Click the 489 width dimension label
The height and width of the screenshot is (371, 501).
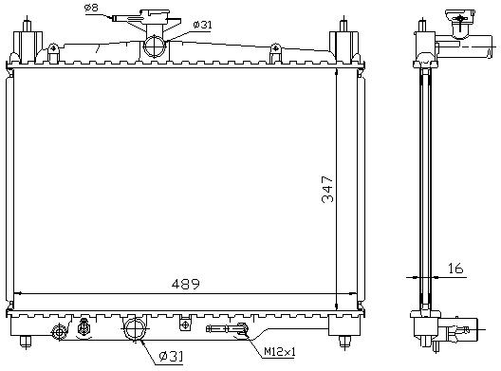pos(185,283)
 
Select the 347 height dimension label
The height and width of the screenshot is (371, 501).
pos(327,189)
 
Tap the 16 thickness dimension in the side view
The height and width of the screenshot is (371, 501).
pos(455,268)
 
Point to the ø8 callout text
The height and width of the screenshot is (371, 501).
pos(91,8)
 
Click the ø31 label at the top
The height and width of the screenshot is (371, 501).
pos(202,25)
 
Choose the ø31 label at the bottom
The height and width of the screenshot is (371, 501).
pos(171,357)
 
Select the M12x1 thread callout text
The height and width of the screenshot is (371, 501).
pos(280,352)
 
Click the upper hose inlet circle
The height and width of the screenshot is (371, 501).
pos(155,46)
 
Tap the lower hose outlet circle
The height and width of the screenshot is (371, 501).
pos(136,328)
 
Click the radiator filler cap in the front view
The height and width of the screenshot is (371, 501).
pos(155,13)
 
